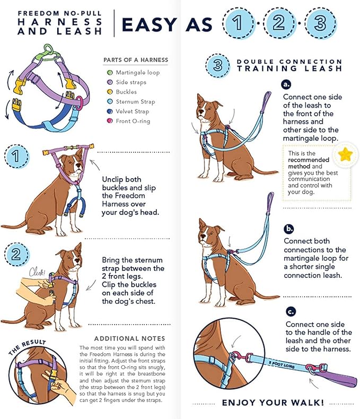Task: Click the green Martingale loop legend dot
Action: pos(110,72)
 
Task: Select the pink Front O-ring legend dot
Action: pos(110,121)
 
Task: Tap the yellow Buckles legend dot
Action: pos(110,92)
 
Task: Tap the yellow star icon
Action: pos(346,155)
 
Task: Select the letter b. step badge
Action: pos(289,229)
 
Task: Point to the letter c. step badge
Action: pos(290,311)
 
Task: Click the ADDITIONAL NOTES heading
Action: pos(129,338)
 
